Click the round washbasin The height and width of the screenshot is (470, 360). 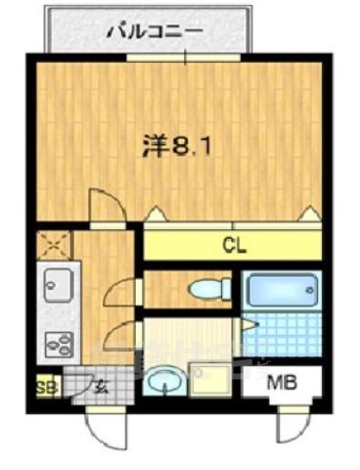164,378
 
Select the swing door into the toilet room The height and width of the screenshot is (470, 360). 121,290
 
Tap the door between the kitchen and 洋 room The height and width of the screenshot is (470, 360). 104,206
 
